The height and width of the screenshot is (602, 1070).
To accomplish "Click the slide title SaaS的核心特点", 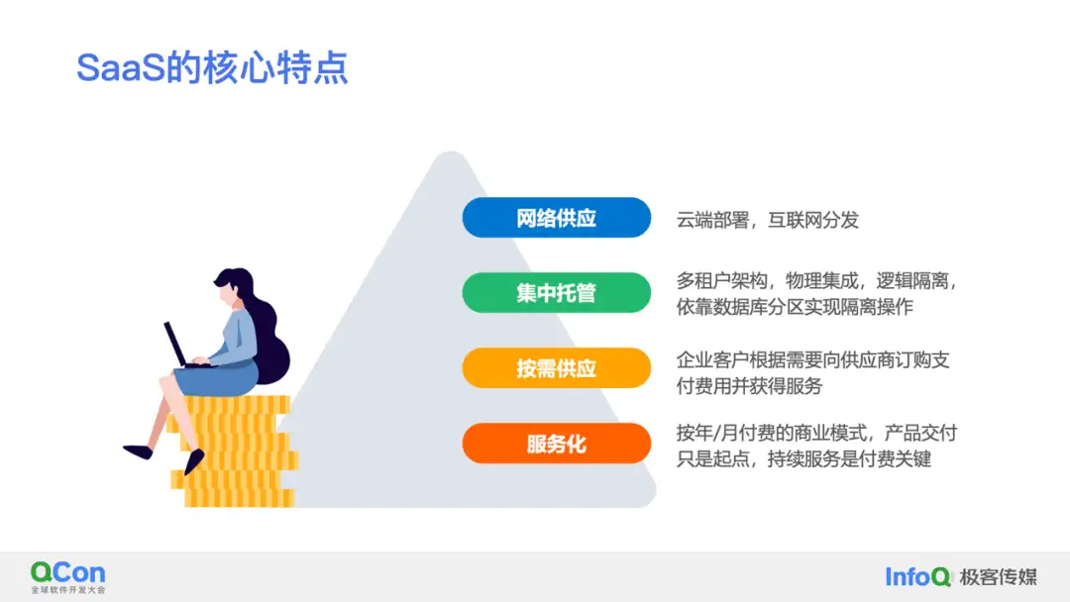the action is tap(212, 67).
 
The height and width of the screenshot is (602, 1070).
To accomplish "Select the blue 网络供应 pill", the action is tap(556, 218).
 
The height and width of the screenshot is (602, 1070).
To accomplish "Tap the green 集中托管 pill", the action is tap(556, 292).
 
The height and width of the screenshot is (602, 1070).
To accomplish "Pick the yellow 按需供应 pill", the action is tap(556, 368).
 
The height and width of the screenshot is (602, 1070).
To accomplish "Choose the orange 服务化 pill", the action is tap(556, 444).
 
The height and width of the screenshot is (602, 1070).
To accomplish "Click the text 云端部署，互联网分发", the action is tap(767, 220).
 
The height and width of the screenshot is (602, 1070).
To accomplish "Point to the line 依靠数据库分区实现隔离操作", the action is tap(795, 307).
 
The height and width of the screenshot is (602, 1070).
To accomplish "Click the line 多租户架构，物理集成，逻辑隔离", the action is tap(816, 280).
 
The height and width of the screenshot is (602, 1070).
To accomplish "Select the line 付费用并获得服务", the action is tap(749, 386).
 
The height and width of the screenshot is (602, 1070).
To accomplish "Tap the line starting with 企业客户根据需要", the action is tap(812, 360).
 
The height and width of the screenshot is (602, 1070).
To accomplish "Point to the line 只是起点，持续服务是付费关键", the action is tap(803, 458).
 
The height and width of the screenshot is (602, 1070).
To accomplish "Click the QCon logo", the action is tap(68, 577).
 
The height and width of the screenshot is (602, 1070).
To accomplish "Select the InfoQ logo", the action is tap(917, 577).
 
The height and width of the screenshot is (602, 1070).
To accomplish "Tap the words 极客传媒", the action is tap(998, 577).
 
